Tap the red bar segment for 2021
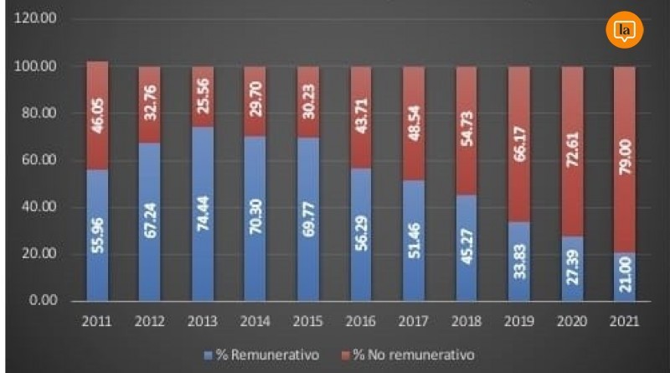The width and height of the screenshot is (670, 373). pos(625,159)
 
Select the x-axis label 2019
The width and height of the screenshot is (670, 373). pos(519,321)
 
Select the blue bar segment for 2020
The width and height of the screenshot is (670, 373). pos(572,268)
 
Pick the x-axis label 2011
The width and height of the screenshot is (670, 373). pos(97,321)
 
